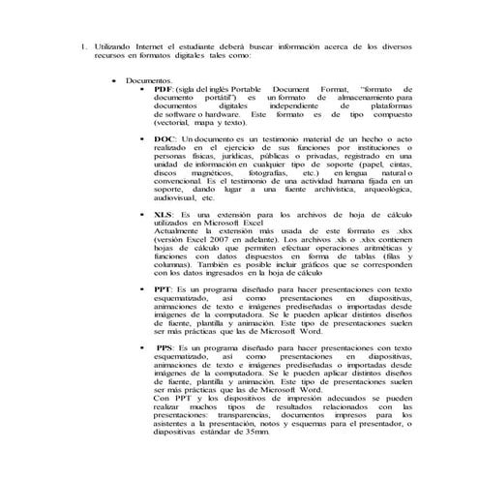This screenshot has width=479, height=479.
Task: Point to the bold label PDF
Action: tap(164, 88)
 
